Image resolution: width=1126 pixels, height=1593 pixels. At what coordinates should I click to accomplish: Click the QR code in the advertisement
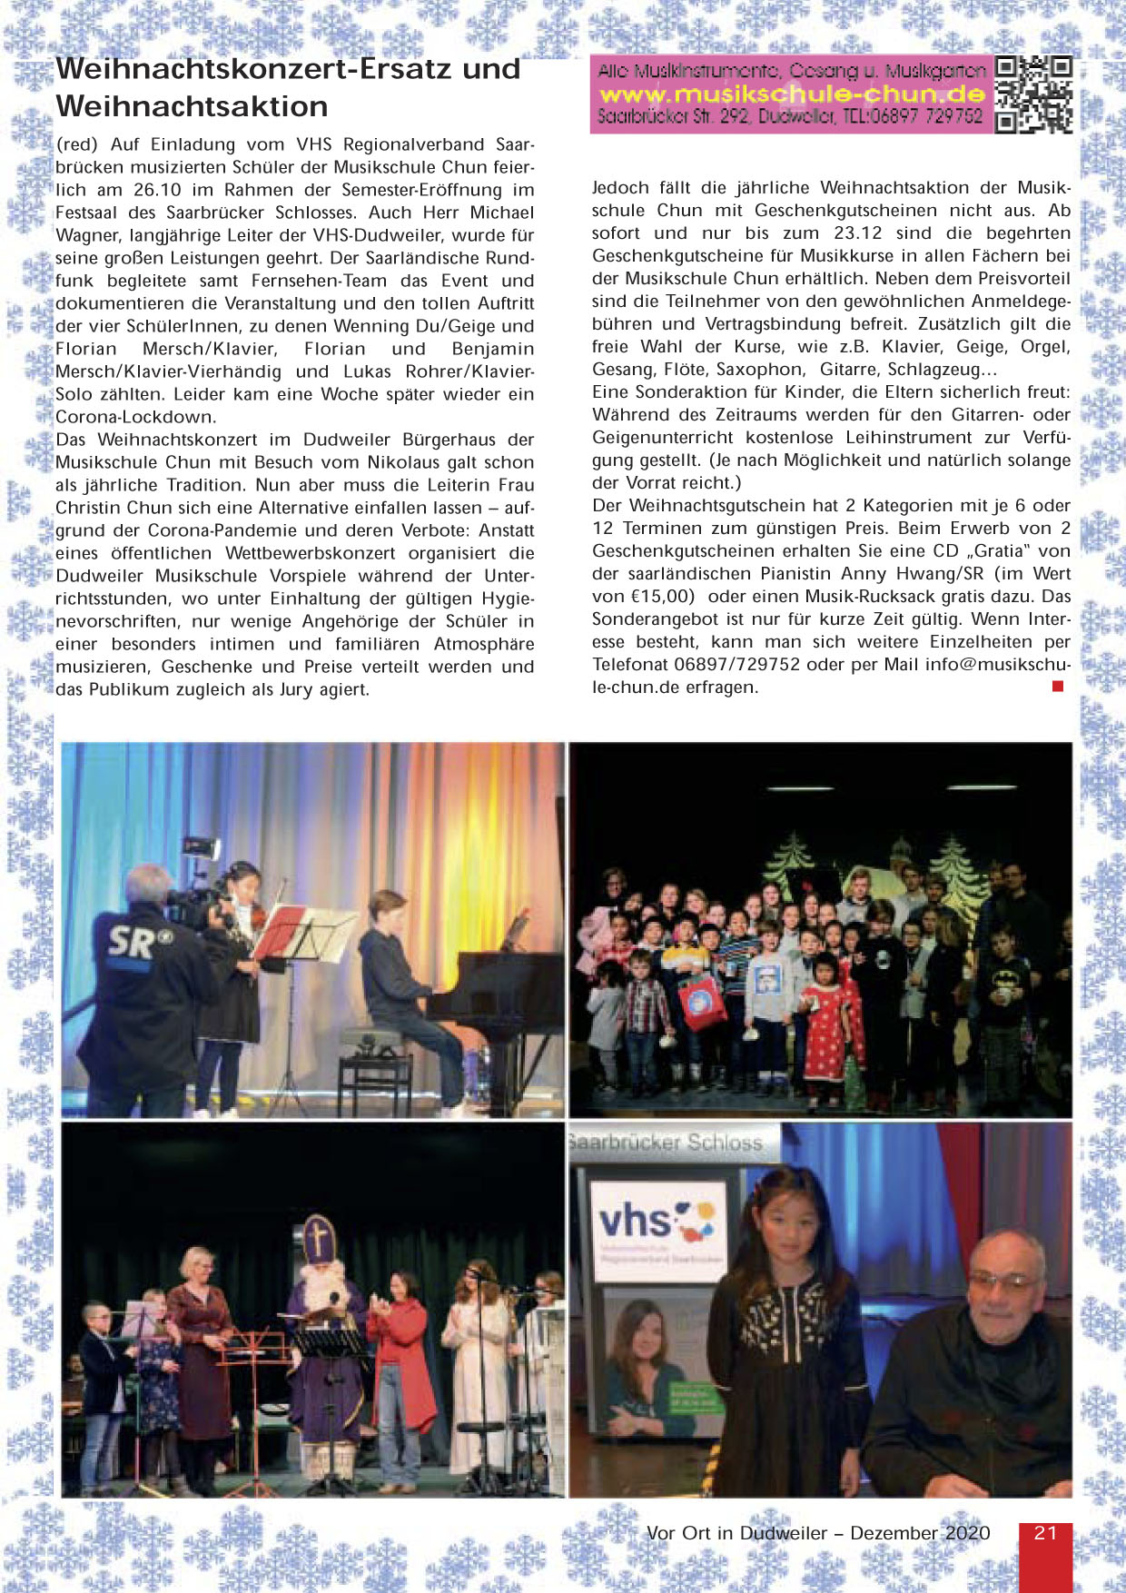pyautogui.click(x=1033, y=94)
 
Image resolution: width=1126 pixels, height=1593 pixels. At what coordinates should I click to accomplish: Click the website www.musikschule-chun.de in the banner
pyautogui.click(x=792, y=94)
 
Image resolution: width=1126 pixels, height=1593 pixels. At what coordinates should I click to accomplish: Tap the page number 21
pyautogui.click(x=1045, y=1533)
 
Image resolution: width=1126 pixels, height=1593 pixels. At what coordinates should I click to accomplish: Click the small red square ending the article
pyautogui.click(x=1057, y=687)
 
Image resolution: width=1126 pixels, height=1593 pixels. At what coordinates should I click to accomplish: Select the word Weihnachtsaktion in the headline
pyautogui.click(x=192, y=106)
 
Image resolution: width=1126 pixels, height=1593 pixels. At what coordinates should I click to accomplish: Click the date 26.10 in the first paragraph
pyautogui.click(x=157, y=190)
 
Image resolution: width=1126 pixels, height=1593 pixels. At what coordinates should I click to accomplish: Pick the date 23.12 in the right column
pyautogui.click(x=858, y=233)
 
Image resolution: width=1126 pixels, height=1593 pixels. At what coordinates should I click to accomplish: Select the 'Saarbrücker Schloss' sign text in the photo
pyautogui.click(x=667, y=1143)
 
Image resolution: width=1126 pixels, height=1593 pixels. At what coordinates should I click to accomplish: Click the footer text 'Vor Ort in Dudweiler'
pyautogui.click(x=736, y=1533)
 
